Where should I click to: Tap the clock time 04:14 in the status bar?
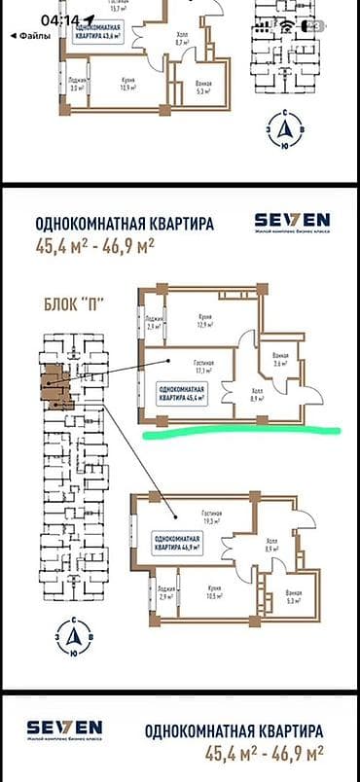(61, 19)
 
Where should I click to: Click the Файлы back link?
(28, 35)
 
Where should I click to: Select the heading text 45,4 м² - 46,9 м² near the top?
(97, 245)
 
